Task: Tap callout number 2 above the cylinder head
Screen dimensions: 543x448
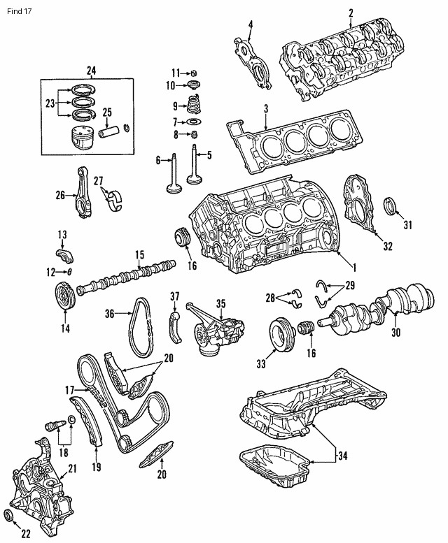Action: click(x=351, y=12)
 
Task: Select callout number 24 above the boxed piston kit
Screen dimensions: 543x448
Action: click(x=91, y=69)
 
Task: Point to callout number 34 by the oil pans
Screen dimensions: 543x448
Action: click(x=342, y=458)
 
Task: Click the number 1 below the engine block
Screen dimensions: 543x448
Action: click(x=354, y=266)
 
